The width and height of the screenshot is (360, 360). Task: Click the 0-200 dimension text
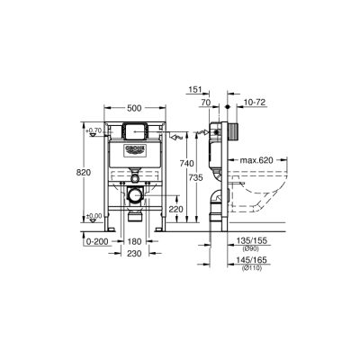point(97,242)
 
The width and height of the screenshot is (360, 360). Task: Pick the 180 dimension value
point(135,242)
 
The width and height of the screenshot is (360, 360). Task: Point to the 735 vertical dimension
point(195,179)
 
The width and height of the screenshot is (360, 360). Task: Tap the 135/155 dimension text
point(251,241)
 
